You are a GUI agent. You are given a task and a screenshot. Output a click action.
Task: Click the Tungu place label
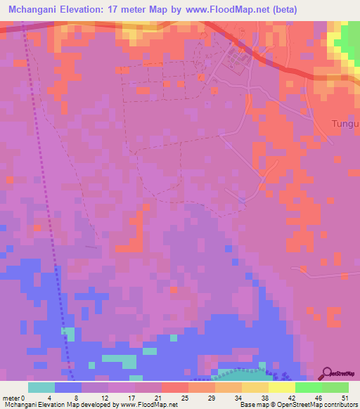click(x=345, y=124)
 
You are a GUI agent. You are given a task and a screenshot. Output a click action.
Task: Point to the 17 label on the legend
click(x=134, y=397)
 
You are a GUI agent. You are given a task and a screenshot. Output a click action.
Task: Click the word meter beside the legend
click(x=11, y=397)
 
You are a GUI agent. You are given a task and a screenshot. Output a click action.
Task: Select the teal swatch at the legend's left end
click(x=41, y=387)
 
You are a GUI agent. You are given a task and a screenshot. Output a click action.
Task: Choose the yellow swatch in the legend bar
click(x=281, y=387)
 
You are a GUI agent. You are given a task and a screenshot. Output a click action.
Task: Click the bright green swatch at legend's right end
click(x=335, y=387)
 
